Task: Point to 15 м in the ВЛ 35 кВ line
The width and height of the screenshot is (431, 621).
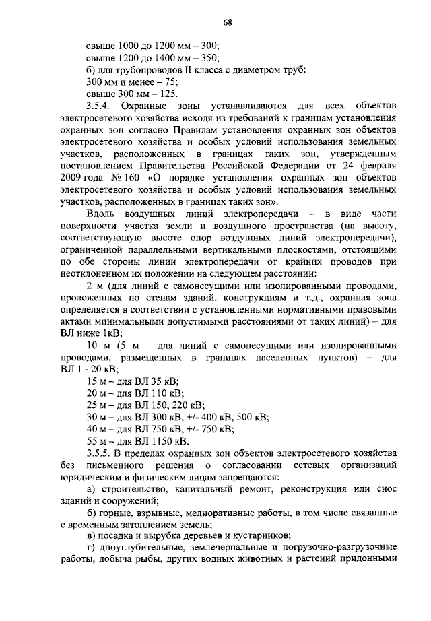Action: tap(98, 381)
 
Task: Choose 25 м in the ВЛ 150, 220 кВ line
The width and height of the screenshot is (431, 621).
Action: tap(98, 405)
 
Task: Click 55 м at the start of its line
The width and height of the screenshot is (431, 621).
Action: tap(98, 441)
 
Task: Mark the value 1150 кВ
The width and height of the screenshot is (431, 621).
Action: tap(168, 441)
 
